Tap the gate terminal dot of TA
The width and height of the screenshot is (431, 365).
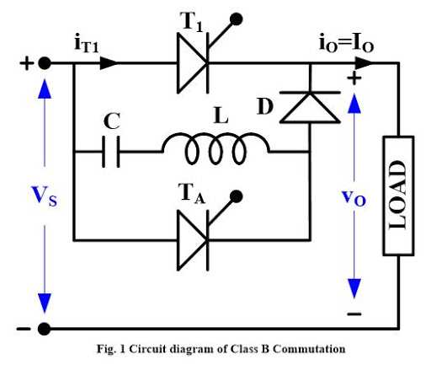241,197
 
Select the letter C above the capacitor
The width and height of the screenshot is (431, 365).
111,121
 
